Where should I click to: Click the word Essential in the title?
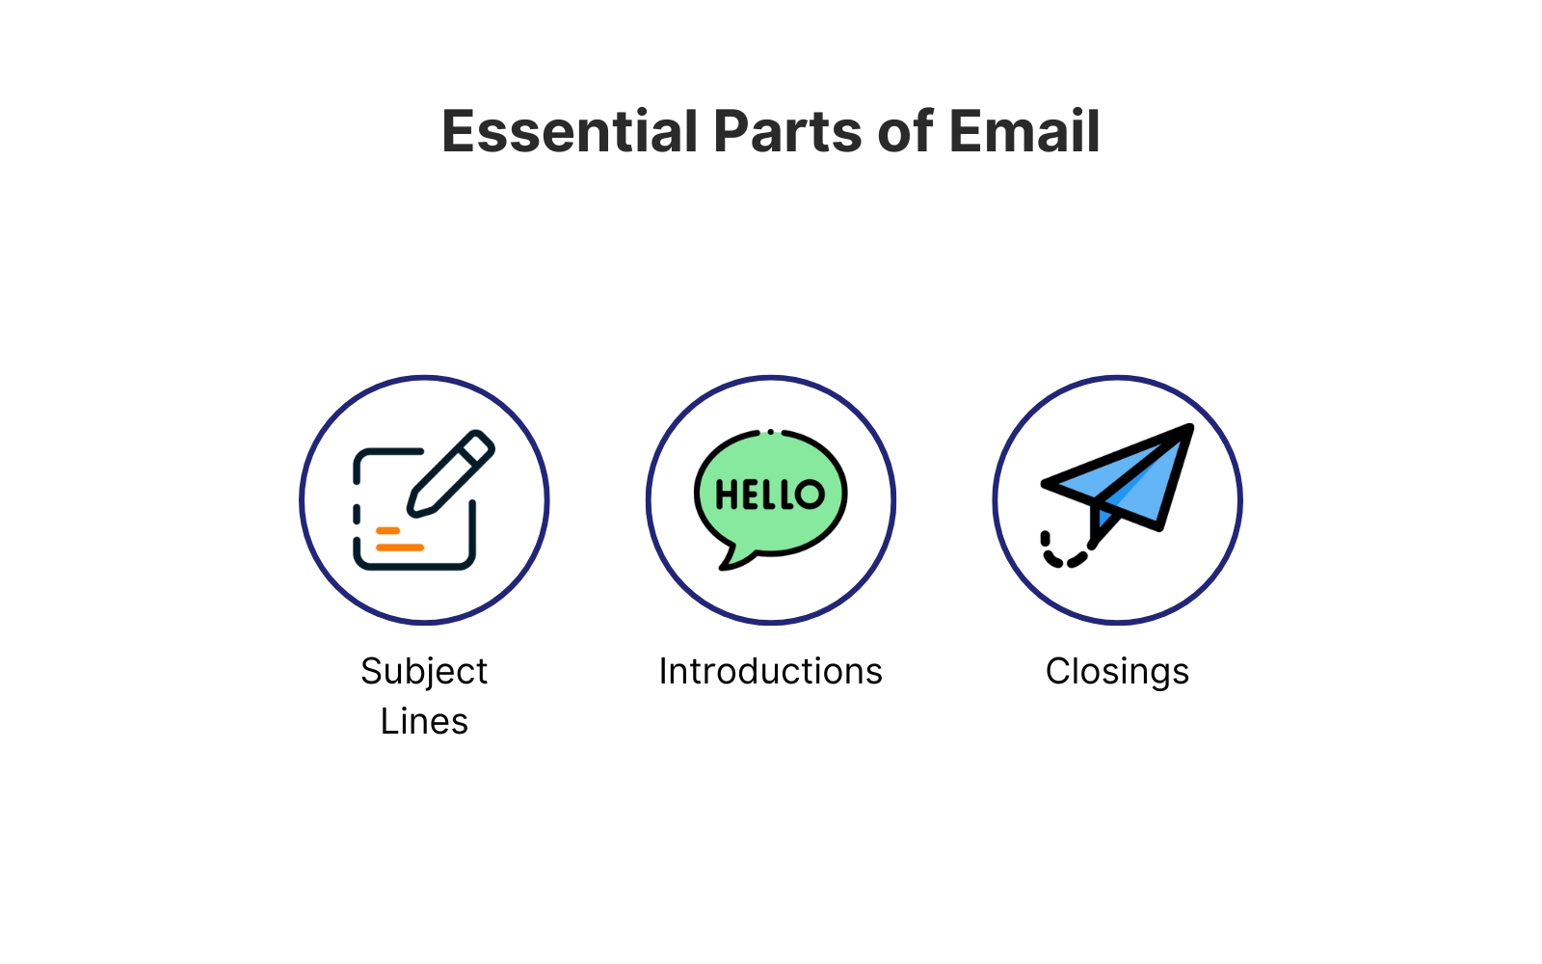(x=570, y=131)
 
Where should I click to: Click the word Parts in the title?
(x=787, y=131)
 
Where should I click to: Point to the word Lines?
(x=424, y=722)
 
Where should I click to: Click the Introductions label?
(x=770, y=671)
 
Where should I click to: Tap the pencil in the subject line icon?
(x=450, y=473)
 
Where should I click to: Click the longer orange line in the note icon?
(x=400, y=548)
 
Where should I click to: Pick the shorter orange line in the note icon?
(x=387, y=531)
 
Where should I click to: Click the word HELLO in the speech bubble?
(x=770, y=495)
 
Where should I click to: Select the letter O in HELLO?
(x=811, y=495)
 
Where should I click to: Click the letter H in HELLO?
(x=726, y=495)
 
